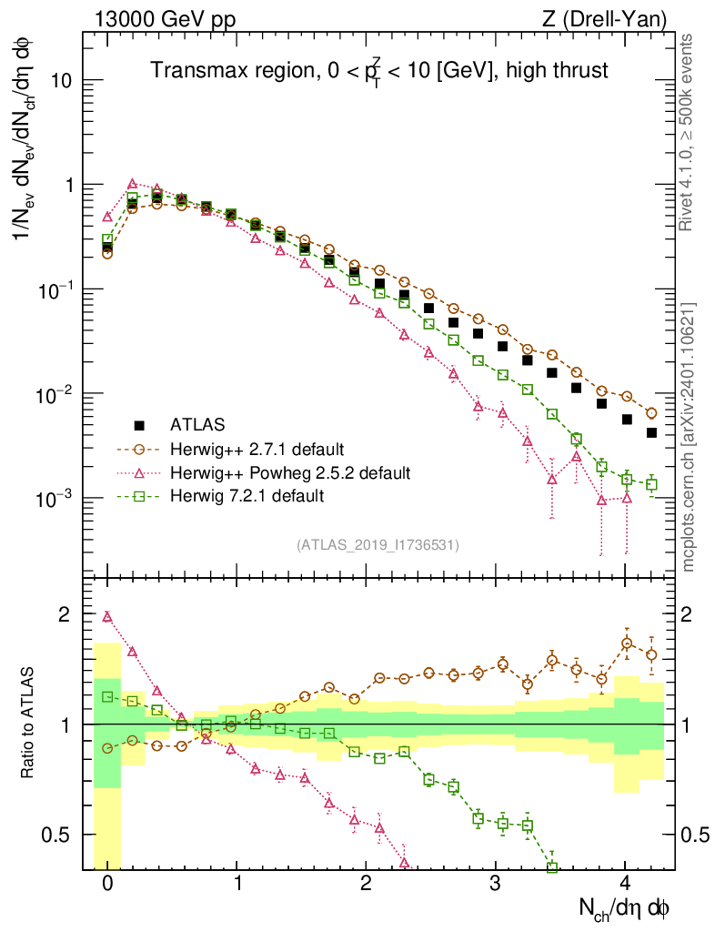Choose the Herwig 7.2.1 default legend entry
click(247, 496)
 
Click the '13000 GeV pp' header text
click(156, 17)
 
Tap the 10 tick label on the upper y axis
click(61, 80)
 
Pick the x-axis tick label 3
click(496, 883)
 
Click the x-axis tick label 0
click(107, 883)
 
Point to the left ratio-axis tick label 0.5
click(62, 835)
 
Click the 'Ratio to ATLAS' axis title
click(28, 724)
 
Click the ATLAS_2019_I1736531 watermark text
click(378, 544)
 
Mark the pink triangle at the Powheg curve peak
click(133, 184)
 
